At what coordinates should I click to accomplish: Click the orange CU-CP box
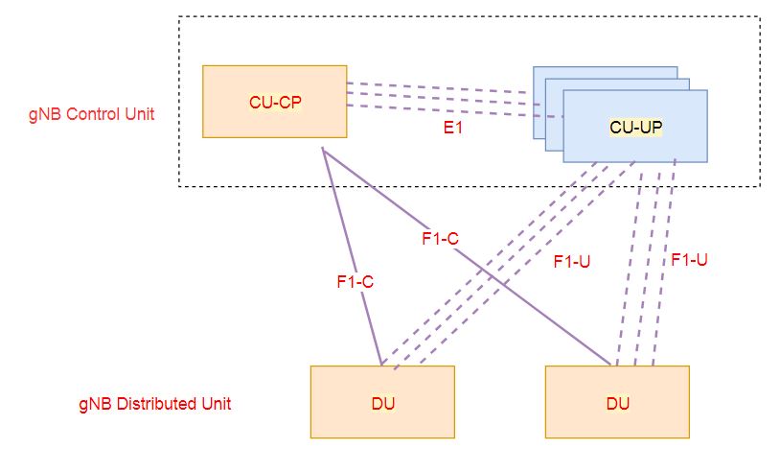tap(275, 101)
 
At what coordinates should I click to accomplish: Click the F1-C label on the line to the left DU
tap(354, 282)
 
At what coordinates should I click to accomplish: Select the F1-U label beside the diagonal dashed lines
tap(572, 259)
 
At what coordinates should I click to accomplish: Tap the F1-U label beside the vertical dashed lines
tap(689, 259)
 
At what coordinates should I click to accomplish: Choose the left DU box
tap(381, 402)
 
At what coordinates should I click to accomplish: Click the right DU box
tap(618, 402)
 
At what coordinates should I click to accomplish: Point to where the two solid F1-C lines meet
tap(324, 150)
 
